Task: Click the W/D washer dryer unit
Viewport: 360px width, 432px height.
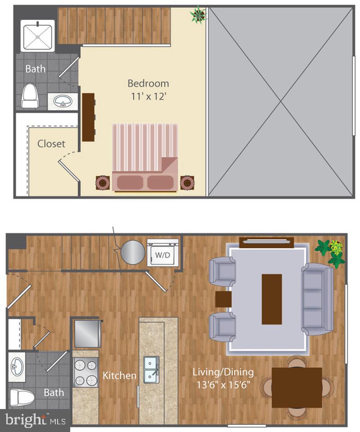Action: (162, 255)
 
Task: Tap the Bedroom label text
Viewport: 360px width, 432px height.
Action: (148, 83)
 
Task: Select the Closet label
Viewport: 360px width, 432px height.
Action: (51, 144)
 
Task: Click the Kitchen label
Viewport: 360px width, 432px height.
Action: (119, 375)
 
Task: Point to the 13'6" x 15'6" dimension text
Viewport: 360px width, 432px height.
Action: (223, 386)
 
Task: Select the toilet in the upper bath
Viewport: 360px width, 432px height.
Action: (30, 96)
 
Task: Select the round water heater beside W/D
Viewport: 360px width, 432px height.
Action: (132, 252)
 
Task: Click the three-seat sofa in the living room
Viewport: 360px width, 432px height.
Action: (317, 300)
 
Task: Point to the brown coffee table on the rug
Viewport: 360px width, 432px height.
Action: (272, 299)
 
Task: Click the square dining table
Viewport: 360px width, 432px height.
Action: (297, 387)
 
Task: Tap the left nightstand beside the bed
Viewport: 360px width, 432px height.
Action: (103, 182)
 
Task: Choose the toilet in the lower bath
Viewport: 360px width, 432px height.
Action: (22, 397)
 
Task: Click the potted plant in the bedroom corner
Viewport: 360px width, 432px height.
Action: (198, 15)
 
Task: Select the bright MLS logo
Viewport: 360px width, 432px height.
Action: (34, 420)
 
